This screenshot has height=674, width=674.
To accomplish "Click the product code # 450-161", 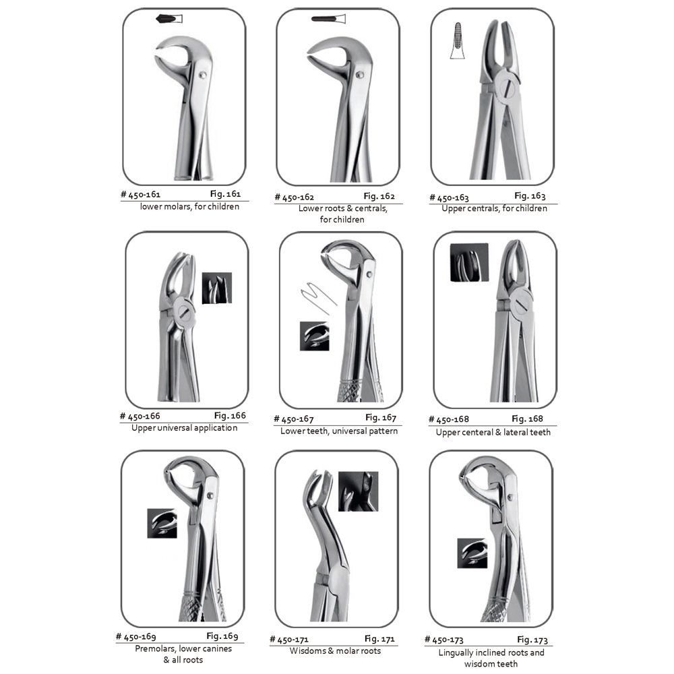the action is (141, 195).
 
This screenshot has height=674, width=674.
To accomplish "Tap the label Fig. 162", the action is (379, 196).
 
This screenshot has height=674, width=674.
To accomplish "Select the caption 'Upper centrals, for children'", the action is (494, 208).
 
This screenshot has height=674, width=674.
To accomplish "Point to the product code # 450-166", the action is (140, 416).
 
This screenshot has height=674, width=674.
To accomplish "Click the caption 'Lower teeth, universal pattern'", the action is (339, 431).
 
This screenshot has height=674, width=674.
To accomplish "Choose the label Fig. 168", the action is (528, 419).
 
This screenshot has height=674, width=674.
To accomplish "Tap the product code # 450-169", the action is (136, 637).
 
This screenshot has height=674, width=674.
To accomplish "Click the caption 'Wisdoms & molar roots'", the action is (335, 651).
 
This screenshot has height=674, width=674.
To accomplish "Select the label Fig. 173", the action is (532, 640).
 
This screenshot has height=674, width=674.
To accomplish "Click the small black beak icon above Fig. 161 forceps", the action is (169, 19).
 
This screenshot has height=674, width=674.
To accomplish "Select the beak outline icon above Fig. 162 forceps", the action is (328, 19).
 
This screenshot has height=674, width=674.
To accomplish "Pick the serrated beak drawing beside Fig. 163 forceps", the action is (458, 41).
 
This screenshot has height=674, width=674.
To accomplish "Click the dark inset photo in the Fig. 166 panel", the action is (217, 288).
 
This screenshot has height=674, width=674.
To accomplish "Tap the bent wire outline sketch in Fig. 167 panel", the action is (317, 297).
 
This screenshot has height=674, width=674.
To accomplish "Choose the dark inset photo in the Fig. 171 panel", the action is (359, 491).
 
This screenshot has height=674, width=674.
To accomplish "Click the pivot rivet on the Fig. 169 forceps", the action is (210, 495).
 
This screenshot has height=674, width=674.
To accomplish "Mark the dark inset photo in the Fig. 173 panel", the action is (472, 553).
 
